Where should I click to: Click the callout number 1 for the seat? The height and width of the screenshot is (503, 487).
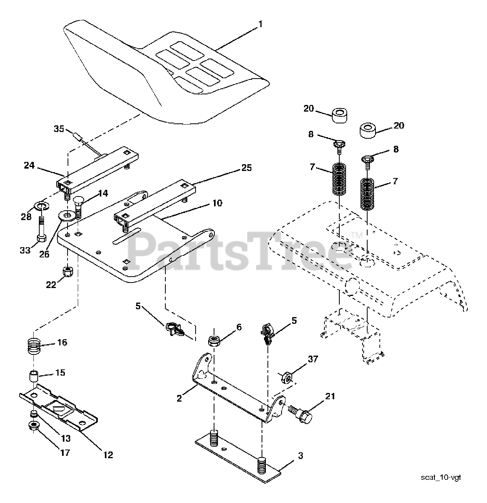[260, 24]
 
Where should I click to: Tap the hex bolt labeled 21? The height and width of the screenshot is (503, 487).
[302, 414]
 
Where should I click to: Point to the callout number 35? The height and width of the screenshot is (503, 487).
[59, 129]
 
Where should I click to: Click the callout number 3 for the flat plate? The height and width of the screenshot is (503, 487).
[300, 456]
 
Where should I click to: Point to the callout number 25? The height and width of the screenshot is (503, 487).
[246, 168]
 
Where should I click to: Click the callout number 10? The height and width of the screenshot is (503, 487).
[217, 203]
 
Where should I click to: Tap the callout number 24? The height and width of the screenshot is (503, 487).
[29, 165]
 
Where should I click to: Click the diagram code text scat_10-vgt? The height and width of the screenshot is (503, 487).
[441, 477]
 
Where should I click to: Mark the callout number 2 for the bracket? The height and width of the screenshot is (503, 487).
[179, 398]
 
